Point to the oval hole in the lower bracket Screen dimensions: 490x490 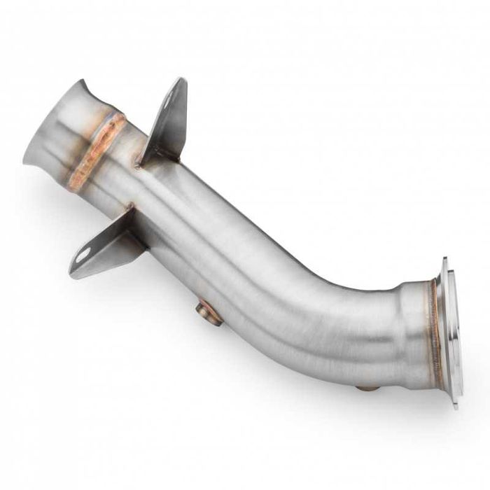[x=83, y=255]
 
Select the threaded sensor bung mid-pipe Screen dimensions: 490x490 [x=209, y=311]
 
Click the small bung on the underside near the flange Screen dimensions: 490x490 [x=368, y=387]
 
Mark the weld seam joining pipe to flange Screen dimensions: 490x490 [x=435, y=329]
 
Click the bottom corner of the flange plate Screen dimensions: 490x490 [x=455, y=405]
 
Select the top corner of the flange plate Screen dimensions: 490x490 [x=445, y=260]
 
